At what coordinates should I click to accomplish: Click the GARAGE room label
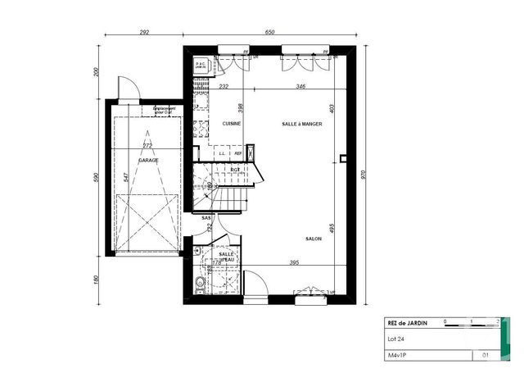(x=148, y=161)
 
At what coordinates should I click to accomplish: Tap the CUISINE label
(x=231, y=123)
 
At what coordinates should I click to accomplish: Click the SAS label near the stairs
(x=206, y=218)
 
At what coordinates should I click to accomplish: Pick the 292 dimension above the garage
(x=144, y=32)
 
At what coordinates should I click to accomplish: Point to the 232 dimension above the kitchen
(x=224, y=85)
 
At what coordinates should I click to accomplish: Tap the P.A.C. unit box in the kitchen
(x=200, y=64)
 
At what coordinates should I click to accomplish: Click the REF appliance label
(x=238, y=152)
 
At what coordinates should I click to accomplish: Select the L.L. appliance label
(x=222, y=152)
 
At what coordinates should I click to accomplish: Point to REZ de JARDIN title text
(x=408, y=323)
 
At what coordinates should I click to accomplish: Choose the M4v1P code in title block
(x=399, y=356)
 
